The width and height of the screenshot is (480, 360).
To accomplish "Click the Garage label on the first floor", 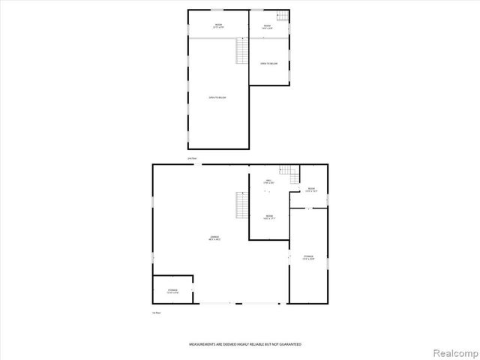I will (214, 238).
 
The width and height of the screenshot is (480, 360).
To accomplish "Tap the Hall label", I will (268, 182).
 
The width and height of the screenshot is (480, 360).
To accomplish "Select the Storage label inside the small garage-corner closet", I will (172, 290).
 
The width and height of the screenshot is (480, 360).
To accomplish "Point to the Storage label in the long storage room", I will (309, 257).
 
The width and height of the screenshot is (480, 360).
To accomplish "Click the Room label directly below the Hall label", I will (268, 217).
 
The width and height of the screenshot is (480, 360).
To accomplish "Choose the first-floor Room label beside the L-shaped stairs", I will (310, 189).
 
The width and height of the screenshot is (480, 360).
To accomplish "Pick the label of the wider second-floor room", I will (218, 27).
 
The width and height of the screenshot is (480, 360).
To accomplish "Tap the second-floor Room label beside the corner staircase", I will (267, 27).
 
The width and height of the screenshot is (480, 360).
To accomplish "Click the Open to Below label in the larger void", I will (217, 97).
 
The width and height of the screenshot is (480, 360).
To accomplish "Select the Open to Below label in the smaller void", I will (269, 64).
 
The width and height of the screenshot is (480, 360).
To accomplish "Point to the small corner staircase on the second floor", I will (282, 17).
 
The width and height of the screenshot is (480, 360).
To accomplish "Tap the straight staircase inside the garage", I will (241, 205).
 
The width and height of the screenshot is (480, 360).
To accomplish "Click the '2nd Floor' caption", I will (192, 158).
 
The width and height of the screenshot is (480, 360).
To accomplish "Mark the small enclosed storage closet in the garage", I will (172, 289).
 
